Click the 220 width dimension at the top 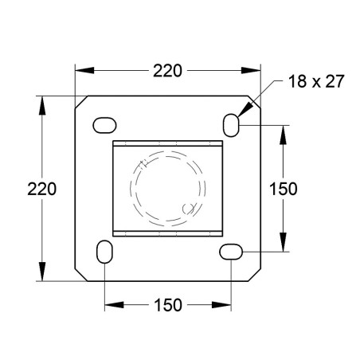pyautogui.click(x=167, y=70)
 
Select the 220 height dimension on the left pyautogui.click(x=41, y=189)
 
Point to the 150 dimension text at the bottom pyautogui.click(x=167, y=305)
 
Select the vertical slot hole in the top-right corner pyautogui.click(x=231, y=124)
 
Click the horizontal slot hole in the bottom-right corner pyautogui.click(x=231, y=251)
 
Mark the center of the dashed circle pyautogui.click(x=168, y=188)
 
